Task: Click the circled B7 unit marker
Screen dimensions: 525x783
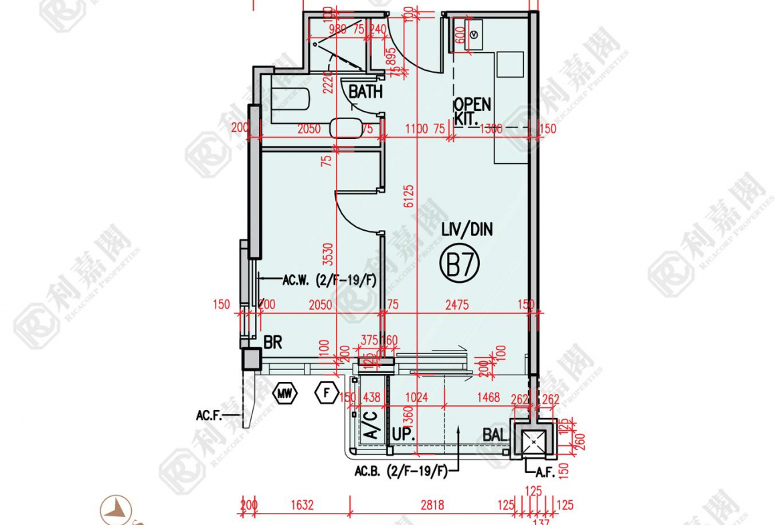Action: point(460,265)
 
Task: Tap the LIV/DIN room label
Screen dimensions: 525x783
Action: point(466,230)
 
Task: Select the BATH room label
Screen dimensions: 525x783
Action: point(365,92)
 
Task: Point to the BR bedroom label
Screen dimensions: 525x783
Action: point(272,343)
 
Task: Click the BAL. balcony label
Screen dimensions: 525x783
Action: point(495,435)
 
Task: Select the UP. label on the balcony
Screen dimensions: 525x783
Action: point(404,435)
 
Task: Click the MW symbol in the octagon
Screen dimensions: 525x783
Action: point(284,393)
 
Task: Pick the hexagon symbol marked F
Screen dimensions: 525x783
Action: point(327,393)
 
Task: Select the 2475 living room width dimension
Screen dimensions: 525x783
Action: point(457,305)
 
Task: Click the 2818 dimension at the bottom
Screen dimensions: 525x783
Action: point(432,505)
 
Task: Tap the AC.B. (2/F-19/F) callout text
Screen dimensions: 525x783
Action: point(401,471)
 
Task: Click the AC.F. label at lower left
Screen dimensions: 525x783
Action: point(208,415)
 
